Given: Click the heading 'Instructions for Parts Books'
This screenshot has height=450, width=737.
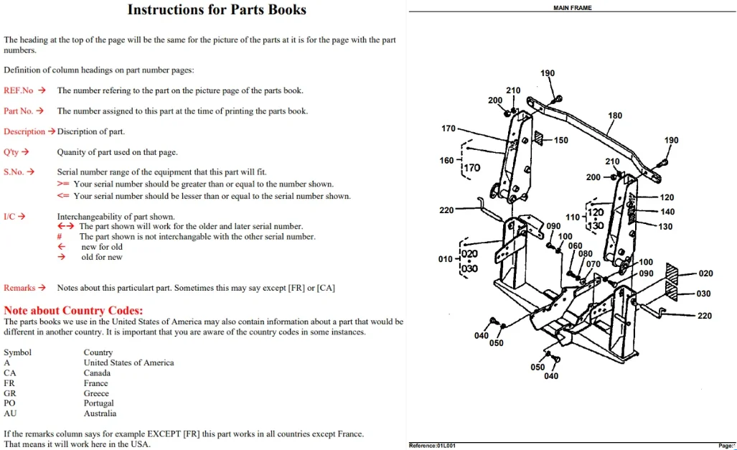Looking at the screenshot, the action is click(x=217, y=10).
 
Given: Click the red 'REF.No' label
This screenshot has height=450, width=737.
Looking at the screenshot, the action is click(x=19, y=90).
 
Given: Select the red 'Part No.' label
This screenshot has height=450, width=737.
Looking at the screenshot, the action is click(x=19, y=111).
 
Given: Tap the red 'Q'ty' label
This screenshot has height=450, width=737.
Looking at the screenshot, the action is click(x=11, y=152).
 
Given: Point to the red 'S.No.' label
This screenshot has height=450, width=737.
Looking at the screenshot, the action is click(x=14, y=172).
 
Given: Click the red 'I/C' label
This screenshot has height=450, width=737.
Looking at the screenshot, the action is click(x=9, y=216).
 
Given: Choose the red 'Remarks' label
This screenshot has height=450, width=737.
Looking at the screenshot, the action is click(x=19, y=288).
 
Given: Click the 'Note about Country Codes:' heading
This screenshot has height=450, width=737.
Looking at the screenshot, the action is click(x=73, y=310).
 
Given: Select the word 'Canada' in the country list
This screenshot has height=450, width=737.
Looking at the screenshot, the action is click(x=97, y=373).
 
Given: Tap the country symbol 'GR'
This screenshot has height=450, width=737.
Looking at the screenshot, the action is click(x=10, y=393).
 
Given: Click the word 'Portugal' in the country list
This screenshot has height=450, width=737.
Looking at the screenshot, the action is click(x=99, y=403).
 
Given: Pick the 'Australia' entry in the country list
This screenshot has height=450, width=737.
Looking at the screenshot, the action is click(x=100, y=413).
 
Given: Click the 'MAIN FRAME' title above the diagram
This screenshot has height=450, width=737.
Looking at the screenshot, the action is click(x=573, y=7).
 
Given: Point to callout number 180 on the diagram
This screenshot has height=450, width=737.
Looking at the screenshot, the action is click(x=615, y=116).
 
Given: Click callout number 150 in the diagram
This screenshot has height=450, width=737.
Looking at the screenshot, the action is click(x=560, y=140).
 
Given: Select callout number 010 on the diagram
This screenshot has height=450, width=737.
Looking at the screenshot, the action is click(x=445, y=259).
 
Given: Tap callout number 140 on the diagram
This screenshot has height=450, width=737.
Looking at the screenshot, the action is click(x=667, y=212).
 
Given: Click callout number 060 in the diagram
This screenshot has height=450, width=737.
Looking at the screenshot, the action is click(x=575, y=246).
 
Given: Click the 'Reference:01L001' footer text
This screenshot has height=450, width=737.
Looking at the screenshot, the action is click(x=433, y=445).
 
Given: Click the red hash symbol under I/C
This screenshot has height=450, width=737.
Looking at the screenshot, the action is click(x=60, y=237).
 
